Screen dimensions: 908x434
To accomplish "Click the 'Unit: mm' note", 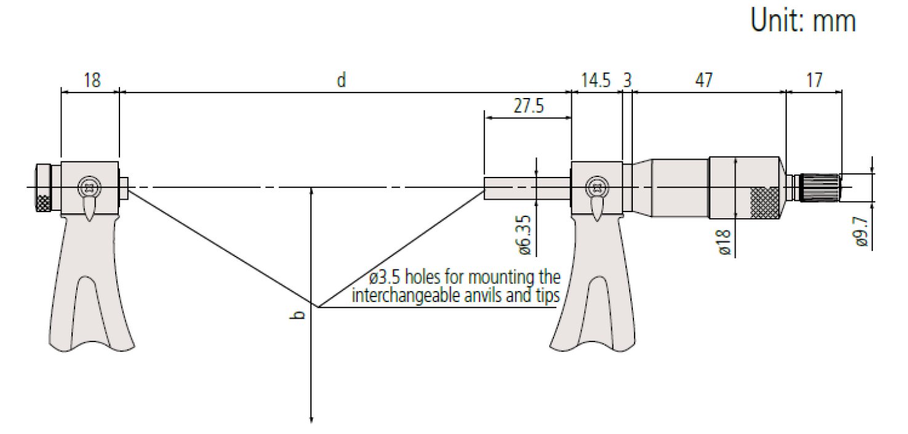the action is tap(803, 20).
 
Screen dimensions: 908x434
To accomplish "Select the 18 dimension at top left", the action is tap(92, 80).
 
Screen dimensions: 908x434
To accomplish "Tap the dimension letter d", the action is tap(341, 80).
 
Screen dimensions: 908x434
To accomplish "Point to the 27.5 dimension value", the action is tap(529, 106).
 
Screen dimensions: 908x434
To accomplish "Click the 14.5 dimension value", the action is tap(595, 80).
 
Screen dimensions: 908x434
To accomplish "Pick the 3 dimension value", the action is tap(627, 80).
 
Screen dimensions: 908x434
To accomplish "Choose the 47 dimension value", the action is tap(704, 80).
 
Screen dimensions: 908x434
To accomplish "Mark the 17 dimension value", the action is tap(814, 80).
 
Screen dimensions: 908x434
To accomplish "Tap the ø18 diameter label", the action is tap(725, 242).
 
